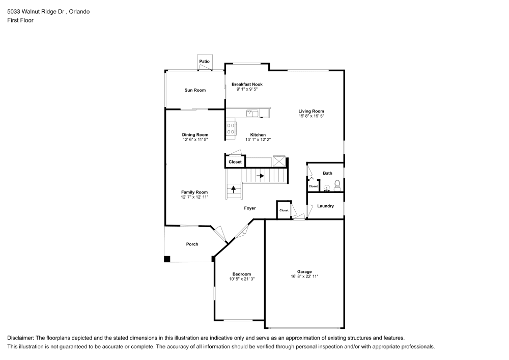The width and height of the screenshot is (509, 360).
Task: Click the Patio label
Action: point(204,62)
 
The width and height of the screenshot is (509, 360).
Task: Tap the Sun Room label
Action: point(195,90)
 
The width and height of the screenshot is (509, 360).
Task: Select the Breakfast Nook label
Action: point(247,84)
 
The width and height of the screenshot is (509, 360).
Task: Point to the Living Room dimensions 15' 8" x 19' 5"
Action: point(311,116)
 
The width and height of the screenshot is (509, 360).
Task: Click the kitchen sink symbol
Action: point(252,113)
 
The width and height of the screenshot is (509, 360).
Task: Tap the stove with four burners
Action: point(231,128)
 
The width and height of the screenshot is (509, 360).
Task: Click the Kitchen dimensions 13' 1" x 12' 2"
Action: point(258,140)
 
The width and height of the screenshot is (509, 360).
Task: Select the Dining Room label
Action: point(195,134)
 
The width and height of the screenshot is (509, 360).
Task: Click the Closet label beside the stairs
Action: point(235,162)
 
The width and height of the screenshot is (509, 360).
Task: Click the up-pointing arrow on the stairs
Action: point(234,189)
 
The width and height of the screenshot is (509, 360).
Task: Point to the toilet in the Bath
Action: point(337,184)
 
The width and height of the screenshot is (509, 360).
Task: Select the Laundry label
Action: point(325,206)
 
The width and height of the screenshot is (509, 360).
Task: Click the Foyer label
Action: point(249,208)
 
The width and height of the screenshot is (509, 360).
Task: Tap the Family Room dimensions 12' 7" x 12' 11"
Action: point(195,197)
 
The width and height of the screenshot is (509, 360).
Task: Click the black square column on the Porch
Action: point(167,259)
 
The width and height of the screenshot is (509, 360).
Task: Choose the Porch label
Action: point(192,244)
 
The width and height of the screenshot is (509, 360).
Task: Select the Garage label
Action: point(304,271)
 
